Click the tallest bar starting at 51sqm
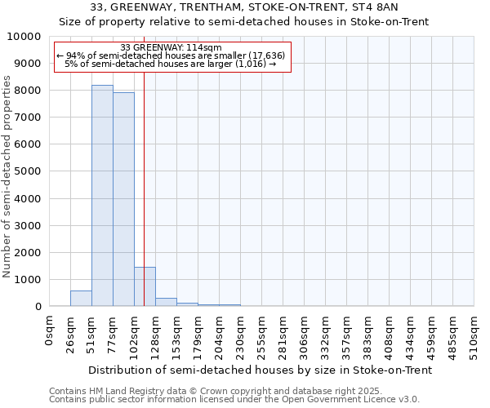[x=102, y=196]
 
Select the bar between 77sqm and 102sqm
[x=123, y=200]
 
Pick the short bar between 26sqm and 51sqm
[x=81, y=299]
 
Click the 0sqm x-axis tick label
[x=50, y=330]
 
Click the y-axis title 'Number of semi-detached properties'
[x=8, y=176]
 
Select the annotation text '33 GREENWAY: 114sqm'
[x=171, y=47]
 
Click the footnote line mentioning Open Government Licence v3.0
[x=234, y=400]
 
